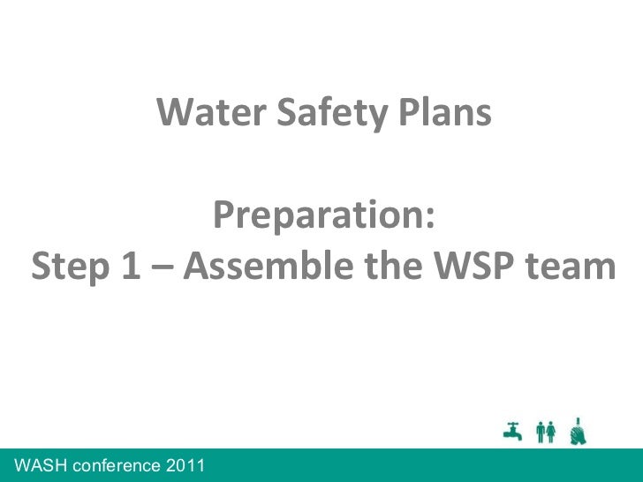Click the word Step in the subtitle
click(x=69, y=267)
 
